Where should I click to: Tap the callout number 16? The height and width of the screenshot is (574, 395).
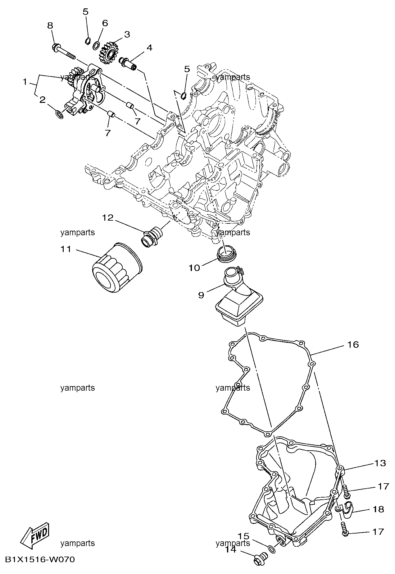click(353, 344)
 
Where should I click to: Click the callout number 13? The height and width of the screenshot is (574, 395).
click(379, 463)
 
